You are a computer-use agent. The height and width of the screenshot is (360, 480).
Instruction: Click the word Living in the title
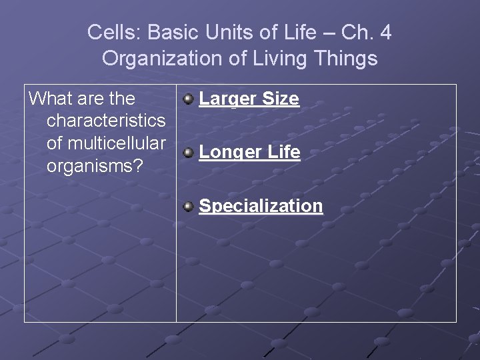coord(274,59)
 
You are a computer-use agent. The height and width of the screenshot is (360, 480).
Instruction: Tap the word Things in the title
coord(345,59)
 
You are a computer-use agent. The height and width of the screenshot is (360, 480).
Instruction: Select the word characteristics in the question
coord(106,121)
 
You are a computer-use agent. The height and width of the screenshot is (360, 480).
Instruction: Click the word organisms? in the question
coord(95,165)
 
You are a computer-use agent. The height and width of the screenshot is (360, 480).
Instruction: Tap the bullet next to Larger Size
coord(189,99)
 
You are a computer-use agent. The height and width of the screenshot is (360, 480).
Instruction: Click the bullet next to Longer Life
coord(189,153)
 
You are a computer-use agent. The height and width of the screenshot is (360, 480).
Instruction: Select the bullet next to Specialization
coord(189,206)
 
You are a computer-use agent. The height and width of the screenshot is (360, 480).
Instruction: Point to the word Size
coord(281,99)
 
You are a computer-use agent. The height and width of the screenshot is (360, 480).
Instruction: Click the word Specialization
coord(261,206)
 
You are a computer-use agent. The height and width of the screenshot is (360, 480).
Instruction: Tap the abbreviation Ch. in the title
coord(354,32)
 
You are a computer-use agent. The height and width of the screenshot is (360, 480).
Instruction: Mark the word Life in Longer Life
coord(283,153)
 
